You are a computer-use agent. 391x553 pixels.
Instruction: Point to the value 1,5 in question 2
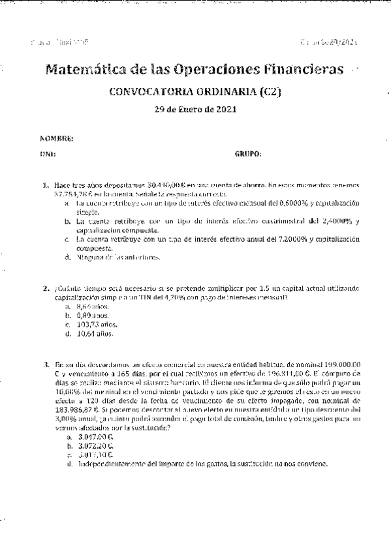coord(263,288)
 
